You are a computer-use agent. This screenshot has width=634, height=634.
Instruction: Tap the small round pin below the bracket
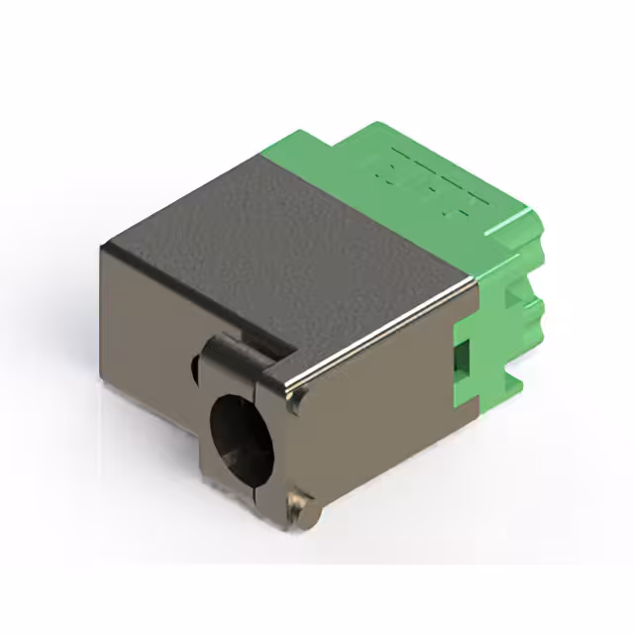297,506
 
